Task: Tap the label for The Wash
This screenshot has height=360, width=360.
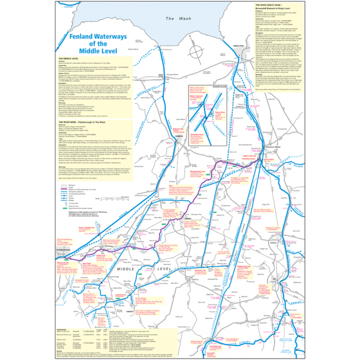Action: coord(171,19)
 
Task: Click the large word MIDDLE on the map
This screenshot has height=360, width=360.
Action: coord(128,269)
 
